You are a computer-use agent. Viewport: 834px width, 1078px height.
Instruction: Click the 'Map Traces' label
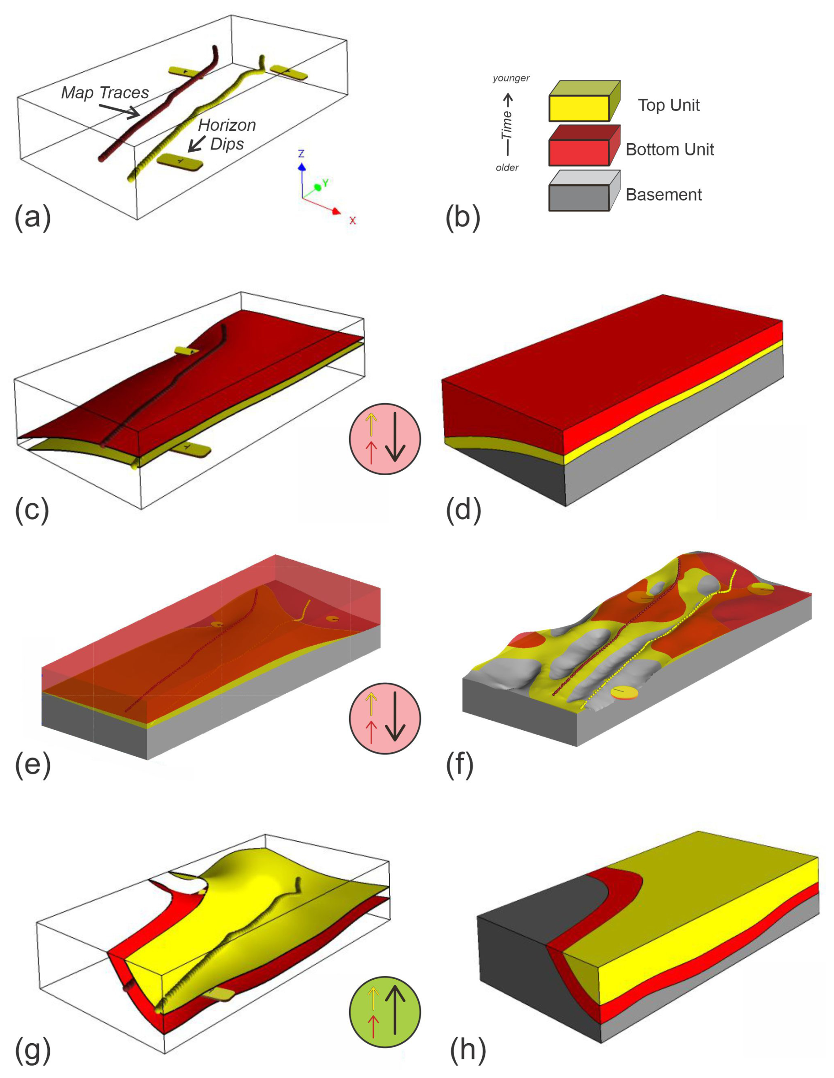(104, 93)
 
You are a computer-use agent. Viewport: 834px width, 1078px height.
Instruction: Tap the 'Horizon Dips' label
(227, 134)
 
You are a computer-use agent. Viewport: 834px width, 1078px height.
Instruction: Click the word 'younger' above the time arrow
(510, 78)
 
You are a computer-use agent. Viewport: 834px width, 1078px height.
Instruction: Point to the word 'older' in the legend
(507, 168)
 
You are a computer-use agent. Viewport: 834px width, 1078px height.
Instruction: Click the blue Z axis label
(301, 154)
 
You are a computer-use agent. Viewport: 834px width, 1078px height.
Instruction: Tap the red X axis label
(353, 221)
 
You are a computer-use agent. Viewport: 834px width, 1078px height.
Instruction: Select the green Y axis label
(325, 184)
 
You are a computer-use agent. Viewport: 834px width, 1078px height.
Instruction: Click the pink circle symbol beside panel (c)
(385, 439)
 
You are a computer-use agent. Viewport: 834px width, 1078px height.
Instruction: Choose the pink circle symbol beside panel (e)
(385, 718)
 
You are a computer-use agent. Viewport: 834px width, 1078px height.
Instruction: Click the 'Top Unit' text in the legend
(669, 105)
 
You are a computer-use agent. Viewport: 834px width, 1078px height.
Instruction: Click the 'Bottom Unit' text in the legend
(670, 149)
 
